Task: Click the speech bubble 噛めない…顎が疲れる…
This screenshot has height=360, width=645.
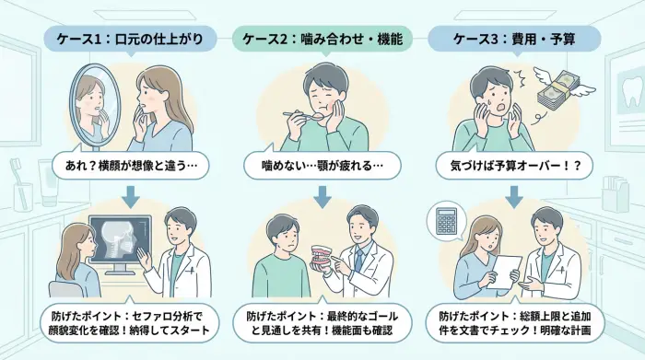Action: pyautogui.click(x=322, y=168)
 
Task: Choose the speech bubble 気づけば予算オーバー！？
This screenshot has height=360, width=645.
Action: pyautogui.click(x=514, y=168)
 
